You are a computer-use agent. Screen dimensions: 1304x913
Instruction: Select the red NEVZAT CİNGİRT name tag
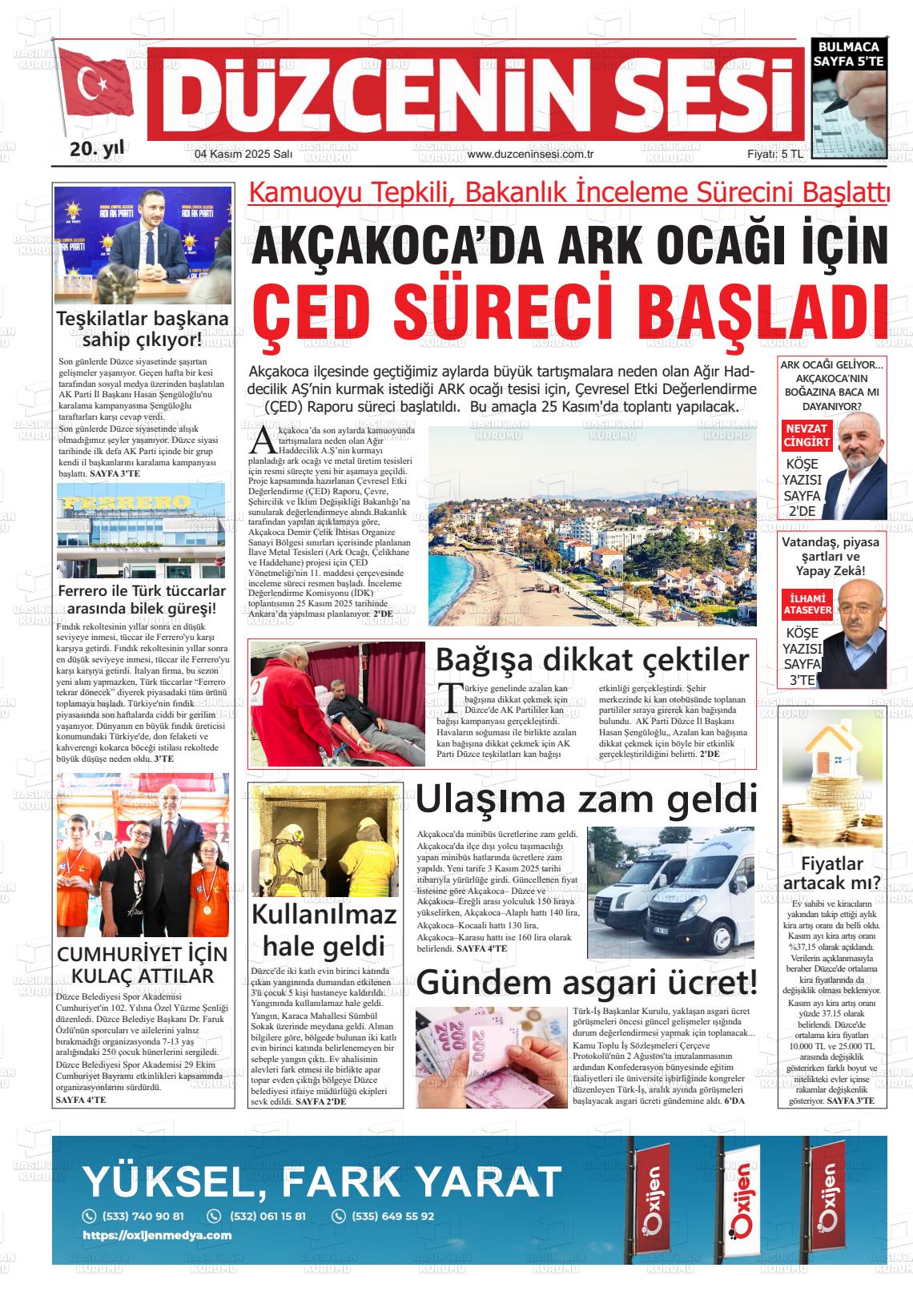point(806,436)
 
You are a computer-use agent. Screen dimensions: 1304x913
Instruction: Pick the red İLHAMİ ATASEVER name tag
point(806,606)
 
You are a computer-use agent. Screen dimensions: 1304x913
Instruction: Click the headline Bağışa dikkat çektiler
point(592,659)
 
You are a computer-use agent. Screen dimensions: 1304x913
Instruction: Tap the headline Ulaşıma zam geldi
point(585,799)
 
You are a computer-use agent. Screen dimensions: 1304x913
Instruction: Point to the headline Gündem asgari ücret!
point(585,983)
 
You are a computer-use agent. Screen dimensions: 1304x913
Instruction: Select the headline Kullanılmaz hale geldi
point(324,929)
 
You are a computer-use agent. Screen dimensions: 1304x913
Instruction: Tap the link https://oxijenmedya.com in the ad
point(157,1235)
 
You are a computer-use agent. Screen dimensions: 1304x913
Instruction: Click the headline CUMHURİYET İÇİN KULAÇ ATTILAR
point(143,964)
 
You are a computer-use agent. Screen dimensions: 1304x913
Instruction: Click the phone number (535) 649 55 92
point(392,1216)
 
